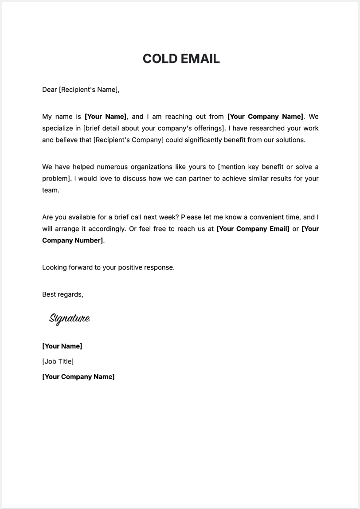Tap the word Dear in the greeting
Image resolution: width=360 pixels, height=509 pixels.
pyautogui.click(x=50, y=90)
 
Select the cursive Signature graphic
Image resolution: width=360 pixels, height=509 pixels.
pyautogui.click(x=70, y=318)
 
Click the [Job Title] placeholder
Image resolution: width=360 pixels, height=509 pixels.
pyautogui.click(x=58, y=361)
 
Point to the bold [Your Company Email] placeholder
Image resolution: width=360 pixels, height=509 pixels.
pyautogui.click(x=253, y=229)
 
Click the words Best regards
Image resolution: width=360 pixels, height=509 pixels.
pyautogui.click(x=63, y=294)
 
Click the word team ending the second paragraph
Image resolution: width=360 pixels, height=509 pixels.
pyautogui.click(x=50, y=190)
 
